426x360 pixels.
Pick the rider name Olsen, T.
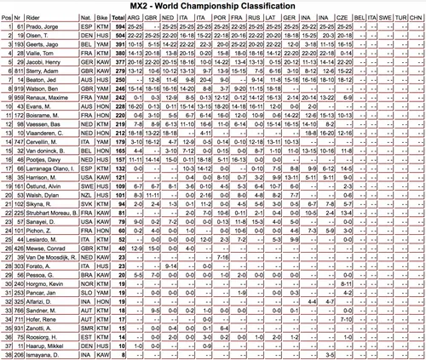tap(43, 38)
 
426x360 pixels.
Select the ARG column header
tap(137, 19)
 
